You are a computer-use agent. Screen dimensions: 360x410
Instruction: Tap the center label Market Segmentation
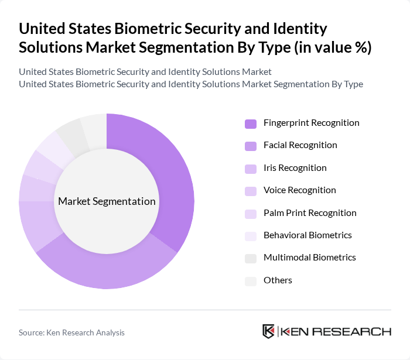(x=107, y=201)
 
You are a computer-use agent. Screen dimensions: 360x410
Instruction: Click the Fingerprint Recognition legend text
(x=311, y=123)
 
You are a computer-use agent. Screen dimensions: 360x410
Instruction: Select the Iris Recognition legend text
(x=295, y=168)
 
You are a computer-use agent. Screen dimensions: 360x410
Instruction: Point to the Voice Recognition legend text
(x=299, y=190)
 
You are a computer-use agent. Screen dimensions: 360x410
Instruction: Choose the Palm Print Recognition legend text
(x=310, y=212)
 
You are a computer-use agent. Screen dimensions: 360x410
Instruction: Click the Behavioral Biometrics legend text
(x=307, y=235)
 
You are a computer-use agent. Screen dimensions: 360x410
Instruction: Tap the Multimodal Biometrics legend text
(x=309, y=258)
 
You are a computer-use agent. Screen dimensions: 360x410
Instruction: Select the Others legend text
(x=278, y=280)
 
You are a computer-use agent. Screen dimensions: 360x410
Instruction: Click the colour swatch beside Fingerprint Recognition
(x=251, y=124)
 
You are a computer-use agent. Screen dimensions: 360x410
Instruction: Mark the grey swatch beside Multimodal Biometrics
(x=251, y=258)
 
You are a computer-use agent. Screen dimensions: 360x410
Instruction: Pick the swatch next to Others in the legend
(x=251, y=281)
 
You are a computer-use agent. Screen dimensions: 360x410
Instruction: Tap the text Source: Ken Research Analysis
(x=71, y=332)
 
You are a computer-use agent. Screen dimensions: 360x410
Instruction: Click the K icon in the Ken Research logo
(x=269, y=331)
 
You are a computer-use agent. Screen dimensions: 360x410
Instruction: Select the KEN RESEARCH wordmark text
(x=336, y=331)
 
